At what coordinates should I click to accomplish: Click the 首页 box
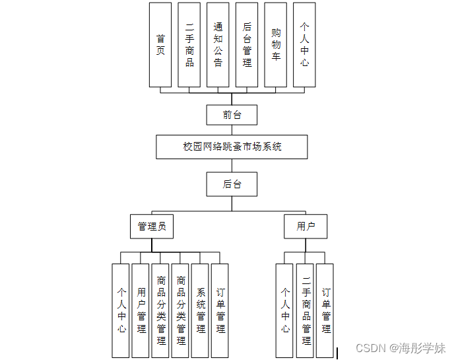tap(160, 45)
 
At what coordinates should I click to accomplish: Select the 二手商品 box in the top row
tap(189, 45)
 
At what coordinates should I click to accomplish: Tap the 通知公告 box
tap(218, 45)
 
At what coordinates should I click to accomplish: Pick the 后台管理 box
tap(247, 45)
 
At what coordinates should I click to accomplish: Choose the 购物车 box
tap(276, 45)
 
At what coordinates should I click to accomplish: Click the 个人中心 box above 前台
tap(304, 45)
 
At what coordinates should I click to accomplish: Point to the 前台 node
tap(232, 115)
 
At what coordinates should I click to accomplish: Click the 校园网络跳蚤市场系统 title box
tap(232, 147)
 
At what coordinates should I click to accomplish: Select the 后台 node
tap(232, 184)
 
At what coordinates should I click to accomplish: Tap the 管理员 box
tap(151, 227)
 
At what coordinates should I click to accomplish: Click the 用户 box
tap(306, 227)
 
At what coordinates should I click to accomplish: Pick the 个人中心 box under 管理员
tap(121, 310)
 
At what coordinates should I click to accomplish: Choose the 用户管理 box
tap(141, 310)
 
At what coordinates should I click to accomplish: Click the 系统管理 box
tap(200, 310)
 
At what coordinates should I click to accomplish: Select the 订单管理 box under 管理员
tap(220, 310)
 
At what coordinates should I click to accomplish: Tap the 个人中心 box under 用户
tap(285, 310)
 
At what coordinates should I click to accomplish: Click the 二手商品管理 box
tap(306, 310)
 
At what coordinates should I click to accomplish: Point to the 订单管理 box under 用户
tap(325, 310)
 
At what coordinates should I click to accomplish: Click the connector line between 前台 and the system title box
tap(232, 130)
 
